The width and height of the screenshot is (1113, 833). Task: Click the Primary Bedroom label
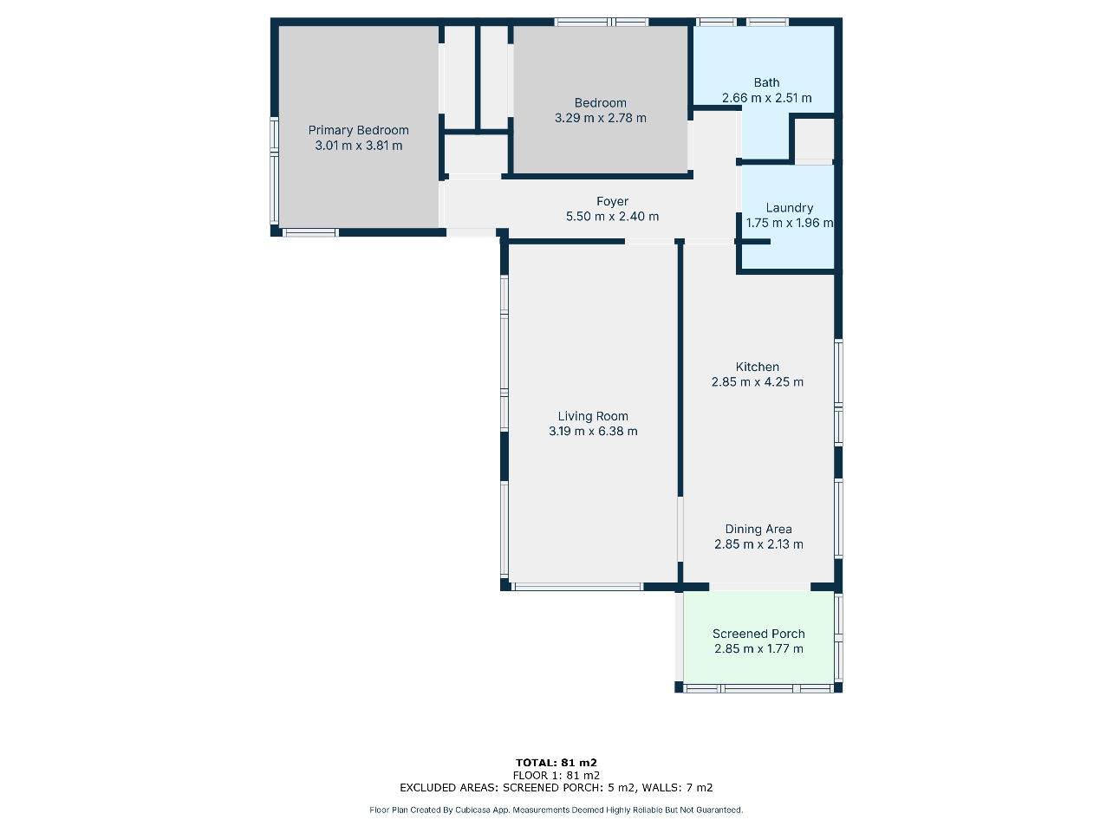coord(359,130)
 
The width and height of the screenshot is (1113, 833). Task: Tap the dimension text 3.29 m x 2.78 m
coord(601,118)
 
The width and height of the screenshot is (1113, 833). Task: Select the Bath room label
coord(766,82)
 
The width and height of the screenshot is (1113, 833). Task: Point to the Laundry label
coord(790,208)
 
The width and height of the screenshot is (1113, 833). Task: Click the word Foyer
coord(613,201)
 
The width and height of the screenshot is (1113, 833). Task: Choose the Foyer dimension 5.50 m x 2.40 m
coord(613,217)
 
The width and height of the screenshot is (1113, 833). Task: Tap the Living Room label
coord(593,416)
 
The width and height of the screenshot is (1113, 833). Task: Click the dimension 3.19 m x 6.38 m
coord(593,432)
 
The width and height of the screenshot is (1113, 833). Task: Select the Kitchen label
coord(758,367)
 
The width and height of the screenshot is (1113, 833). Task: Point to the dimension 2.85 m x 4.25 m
coord(758,382)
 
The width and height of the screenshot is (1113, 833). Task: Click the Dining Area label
coord(758,530)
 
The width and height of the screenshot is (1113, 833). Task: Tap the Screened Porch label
coord(758,634)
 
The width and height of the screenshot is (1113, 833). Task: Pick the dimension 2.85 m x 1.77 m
coord(758,649)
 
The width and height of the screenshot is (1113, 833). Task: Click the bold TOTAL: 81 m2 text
coord(556,763)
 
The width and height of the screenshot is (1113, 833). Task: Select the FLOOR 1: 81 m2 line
coord(556,775)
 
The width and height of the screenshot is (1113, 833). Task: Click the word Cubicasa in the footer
coord(472,810)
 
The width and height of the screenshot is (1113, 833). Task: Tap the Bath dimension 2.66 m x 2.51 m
coord(766,98)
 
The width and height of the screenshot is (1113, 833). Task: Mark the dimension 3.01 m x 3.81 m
coord(359,146)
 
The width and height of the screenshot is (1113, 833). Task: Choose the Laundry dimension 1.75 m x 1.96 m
coord(790,223)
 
